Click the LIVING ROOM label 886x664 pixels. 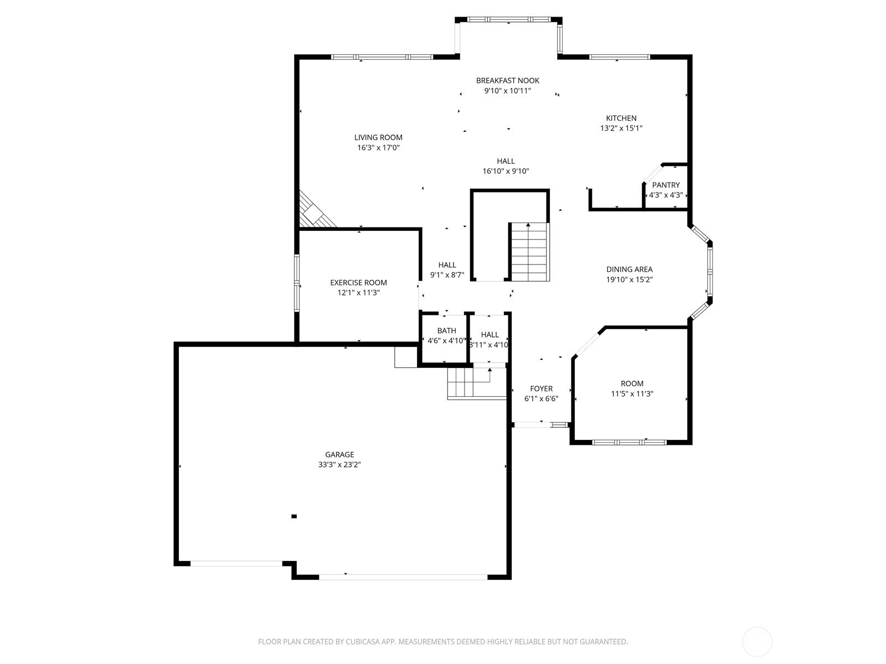[x=378, y=137]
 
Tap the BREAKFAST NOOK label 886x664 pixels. [x=507, y=81]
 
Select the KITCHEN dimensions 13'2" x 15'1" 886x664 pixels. [x=621, y=128]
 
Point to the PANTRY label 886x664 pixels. [x=666, y=185]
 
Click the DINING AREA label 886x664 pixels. [x=629, y=269]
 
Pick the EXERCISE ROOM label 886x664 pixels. [x=358, y=283]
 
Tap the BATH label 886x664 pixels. [x=446, y=330]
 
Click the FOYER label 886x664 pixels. [x=541, y=388]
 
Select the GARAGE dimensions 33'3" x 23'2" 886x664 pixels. [x=339, y=464]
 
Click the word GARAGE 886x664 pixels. [x=339, y=454]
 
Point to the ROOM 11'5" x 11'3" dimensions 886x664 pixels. [x=632, y=394]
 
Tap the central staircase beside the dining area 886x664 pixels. [x=529, y=252]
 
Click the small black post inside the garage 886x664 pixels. [x=294, y=516]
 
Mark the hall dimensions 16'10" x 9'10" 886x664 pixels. [x=506, y=171]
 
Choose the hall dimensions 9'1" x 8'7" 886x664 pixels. [x=447, y=275]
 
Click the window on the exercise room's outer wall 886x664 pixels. [x=297, y=283]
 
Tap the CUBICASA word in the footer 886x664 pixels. [x=363, y=641]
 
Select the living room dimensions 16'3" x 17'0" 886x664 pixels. [x=378, y=148]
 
